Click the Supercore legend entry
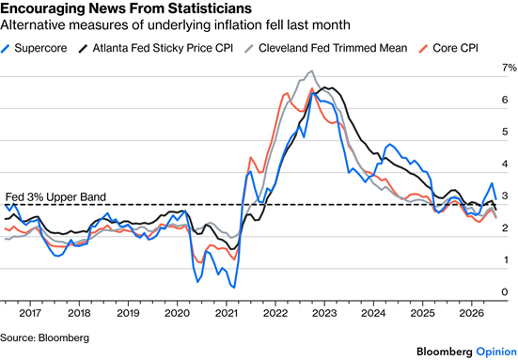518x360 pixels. pos(34,48)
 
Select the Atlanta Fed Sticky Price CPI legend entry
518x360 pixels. pos(156,48)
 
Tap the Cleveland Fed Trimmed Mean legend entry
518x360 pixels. pos(325,48)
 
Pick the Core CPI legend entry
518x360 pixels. pos(448,48)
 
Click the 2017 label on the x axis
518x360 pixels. pos(30,313)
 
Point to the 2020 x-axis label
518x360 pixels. pos(177,313)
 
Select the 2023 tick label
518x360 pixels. pos(324,313)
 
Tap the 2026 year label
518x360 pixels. pos(472,313)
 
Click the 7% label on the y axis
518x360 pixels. pos(510,68)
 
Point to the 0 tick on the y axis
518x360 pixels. pos(505,292)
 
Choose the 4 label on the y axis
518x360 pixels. pos(505,164)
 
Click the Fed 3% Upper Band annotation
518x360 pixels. pos(55,197)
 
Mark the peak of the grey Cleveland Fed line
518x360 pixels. pos(311,70)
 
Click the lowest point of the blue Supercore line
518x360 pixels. pos(234,288)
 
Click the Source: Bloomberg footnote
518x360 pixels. pos(44,337)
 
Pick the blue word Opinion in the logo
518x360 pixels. pos(496,352)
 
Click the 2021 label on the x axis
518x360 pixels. pos(227,313)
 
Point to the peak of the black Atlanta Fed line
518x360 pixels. pos(324,87)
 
